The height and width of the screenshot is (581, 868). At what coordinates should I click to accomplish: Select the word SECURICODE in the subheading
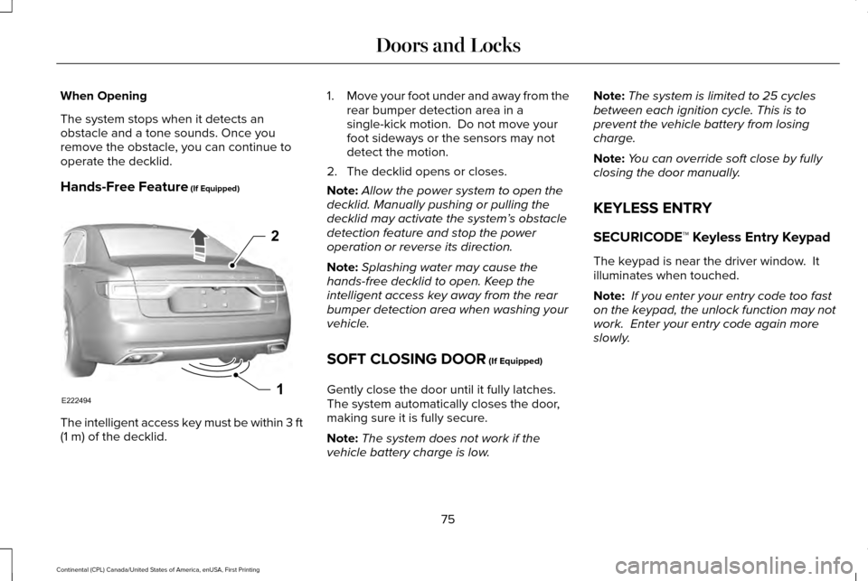point(646,237)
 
